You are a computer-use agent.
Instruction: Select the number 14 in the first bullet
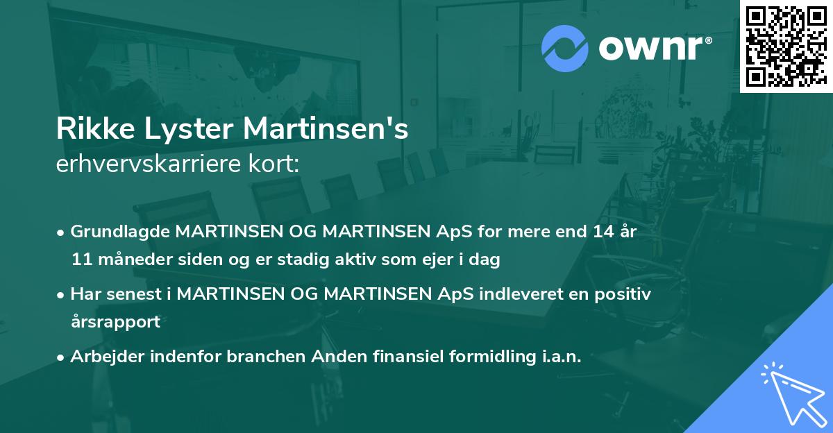(x=601, y=232)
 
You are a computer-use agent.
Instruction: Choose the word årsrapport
(x=115, y=322)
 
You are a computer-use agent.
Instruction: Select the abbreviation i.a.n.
(x=559, y=357)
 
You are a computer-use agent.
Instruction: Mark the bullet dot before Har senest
(x=62, y=294)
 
